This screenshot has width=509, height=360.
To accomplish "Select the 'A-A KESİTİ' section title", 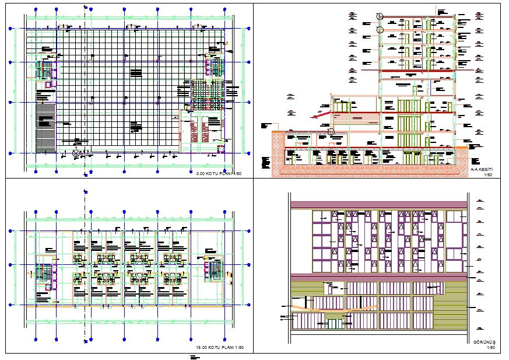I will (482, 169).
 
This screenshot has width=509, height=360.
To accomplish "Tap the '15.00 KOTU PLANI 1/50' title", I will (219, 348).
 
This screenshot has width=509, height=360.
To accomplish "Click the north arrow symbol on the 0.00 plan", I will (75, 153).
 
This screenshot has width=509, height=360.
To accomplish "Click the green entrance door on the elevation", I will (334, 322).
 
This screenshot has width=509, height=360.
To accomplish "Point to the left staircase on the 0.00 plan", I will (41, 68).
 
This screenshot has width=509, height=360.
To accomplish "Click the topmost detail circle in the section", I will (380, 17).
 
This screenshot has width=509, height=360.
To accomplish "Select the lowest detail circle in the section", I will (331, 132).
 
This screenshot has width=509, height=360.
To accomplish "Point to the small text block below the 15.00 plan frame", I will (194, 356).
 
